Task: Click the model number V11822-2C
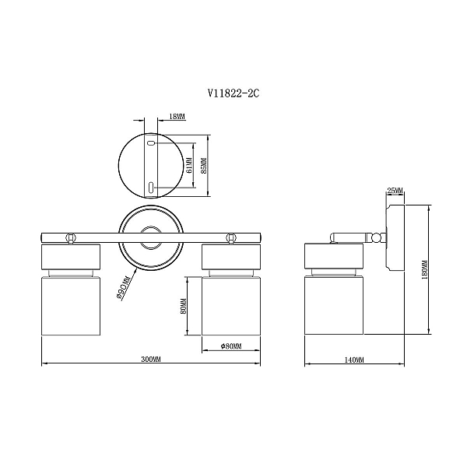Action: coord(233,93)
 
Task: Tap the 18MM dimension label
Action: coord(177,117)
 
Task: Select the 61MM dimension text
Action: coord(189,166)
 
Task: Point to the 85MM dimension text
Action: coord(204,166)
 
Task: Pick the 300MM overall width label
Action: coord(151,359)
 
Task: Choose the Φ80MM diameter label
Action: coord(231,346)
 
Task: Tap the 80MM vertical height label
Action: coord(184,306)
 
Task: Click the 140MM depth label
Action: coord(354,360)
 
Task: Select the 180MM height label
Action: coord(425,269)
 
